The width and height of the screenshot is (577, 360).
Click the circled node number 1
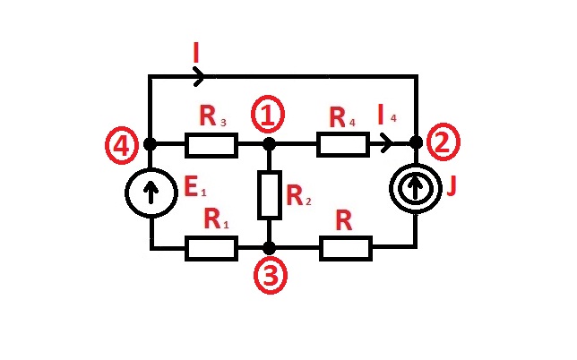(x=269, y=115)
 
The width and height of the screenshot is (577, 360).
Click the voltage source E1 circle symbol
(x=150, y=194)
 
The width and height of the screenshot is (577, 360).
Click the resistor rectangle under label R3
(x=211, y=143)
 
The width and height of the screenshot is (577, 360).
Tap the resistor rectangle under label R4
(x=342, y=143)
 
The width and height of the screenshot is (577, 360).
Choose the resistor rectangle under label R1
(x=211, y=248)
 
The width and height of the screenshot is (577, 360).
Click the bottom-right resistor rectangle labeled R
(x=345, y=248)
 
